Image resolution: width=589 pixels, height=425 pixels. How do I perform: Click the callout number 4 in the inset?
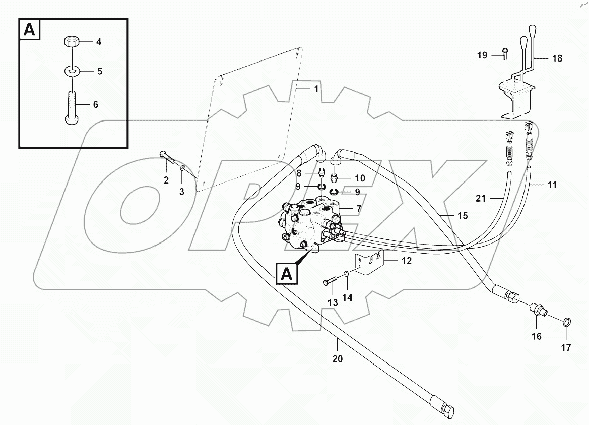pos(99,42)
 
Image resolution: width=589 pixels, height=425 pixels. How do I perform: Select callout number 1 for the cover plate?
pos(316,89)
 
